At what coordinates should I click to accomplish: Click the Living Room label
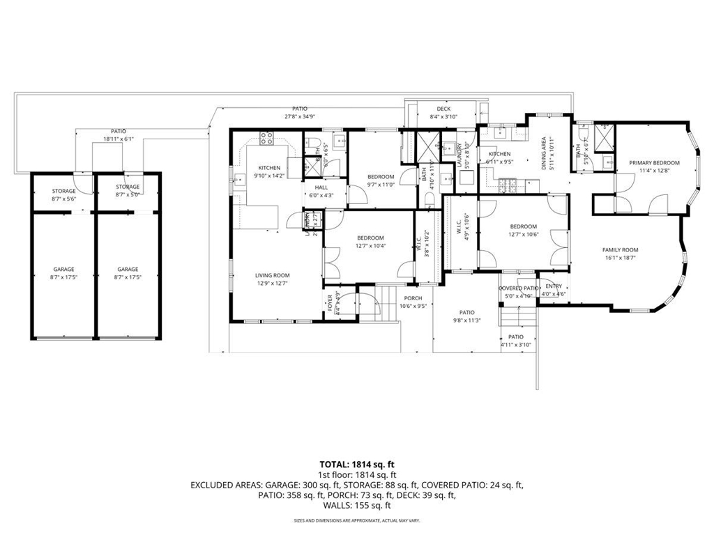tap(272, 275)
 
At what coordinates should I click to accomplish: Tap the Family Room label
tap(620, 249)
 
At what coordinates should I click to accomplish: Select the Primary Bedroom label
tap(654, 163)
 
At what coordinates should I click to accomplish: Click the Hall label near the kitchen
tap(321, 187)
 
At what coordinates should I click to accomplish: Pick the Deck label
tap(443, 109)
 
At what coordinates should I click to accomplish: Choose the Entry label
tap(554, 286)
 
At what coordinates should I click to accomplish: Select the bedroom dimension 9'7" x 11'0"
tap(381, 185)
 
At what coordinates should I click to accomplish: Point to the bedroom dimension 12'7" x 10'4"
tap(371, 245)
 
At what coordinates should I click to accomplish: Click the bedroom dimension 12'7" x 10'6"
tap(523, 234)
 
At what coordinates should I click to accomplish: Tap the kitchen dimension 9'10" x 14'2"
tap(269, 176)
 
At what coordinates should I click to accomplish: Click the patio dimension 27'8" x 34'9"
tap(300, 116)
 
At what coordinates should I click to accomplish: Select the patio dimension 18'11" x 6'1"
tap(119, 139)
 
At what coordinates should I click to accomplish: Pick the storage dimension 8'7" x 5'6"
tap(63, 199)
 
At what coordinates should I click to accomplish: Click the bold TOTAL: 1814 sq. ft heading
tap(357, 463)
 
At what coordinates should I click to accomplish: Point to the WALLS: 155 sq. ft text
tap(357, 506)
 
